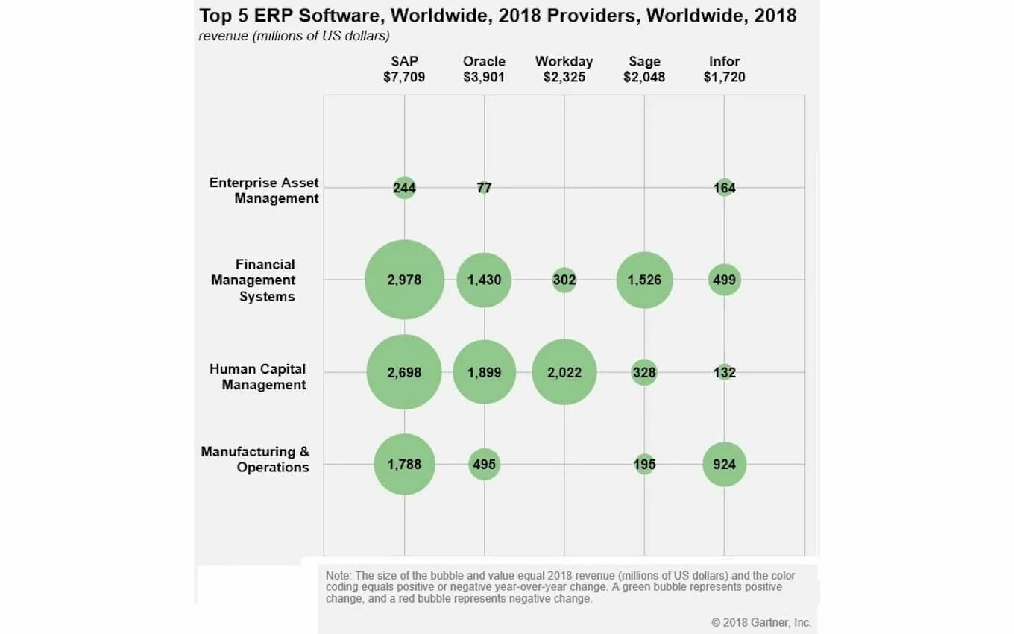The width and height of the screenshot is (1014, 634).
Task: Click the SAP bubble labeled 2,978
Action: tap(404, 280)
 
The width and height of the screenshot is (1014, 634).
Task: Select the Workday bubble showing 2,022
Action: tap(564, 372)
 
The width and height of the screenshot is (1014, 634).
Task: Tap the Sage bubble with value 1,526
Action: tap(644, 280)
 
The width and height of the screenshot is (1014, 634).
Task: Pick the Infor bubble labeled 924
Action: tap(724, 464)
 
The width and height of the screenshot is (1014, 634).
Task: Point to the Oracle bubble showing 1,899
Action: tap(484, 372)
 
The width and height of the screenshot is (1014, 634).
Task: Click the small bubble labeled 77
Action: tap(484, 188)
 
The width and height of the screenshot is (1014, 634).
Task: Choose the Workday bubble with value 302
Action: tap(564, 280)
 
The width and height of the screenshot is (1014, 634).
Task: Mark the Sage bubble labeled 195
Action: tap(644, 465)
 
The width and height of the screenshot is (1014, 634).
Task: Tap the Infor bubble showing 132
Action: tap(724, 372)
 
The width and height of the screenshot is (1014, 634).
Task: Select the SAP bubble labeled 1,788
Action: tap(404, 464)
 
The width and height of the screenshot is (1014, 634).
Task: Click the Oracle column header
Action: tap(484, 61)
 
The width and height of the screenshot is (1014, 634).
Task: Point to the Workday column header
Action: tap(564, 61)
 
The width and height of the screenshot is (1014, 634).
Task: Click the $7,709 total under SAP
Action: tap(404, 77)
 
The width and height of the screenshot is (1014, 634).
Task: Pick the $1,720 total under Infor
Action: tap(724, 77)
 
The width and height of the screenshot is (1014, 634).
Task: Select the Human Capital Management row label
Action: tap(258, 377)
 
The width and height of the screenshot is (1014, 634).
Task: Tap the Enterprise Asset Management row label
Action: tap(264, 190)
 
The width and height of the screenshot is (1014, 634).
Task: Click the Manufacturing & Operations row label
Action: tap(255, 459)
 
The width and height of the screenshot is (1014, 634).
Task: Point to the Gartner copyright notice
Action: tap(760, 622)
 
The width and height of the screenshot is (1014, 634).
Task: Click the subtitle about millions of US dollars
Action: tap(294, 36)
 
